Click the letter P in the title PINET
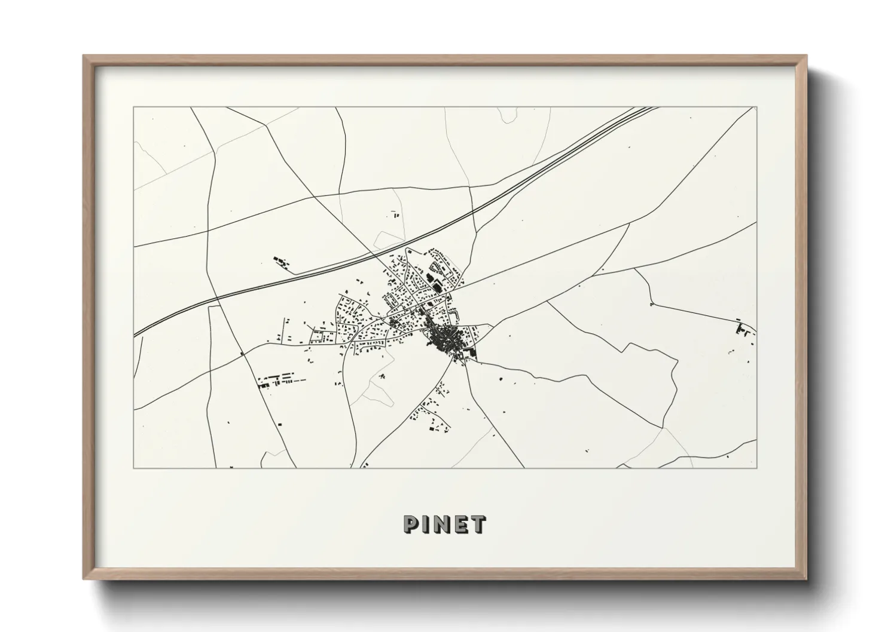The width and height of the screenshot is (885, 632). click(411, 524)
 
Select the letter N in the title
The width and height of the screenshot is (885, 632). click(443, 524)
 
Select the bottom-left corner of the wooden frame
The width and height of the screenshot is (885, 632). click(84, 578)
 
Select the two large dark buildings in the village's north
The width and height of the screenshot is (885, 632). click(434, 283)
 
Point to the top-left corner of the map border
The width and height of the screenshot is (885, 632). click(133, 108)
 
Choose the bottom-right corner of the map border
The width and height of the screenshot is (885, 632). click(756, 467)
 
